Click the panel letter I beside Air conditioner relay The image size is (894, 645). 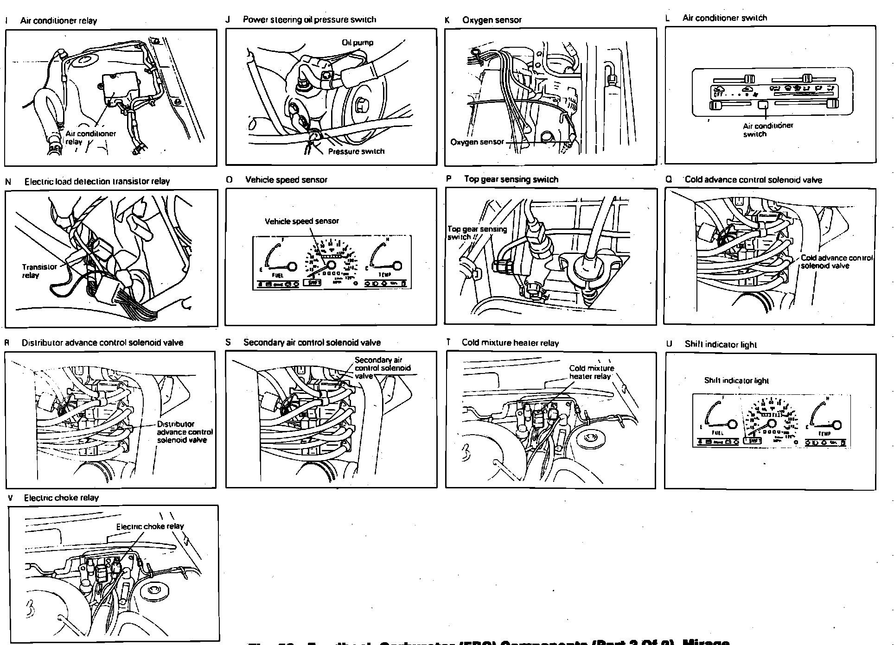tap(6, 21)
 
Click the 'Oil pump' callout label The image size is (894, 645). tap(357, 43)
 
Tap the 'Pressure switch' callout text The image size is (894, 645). tap(356, 151)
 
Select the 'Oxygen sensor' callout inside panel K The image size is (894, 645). tap(477, 142)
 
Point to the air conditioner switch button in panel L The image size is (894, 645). tap(763, 105)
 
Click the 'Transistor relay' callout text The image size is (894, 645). tap(39, 271)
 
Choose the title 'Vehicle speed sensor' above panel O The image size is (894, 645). tap(286, 180)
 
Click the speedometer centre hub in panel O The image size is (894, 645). tap(331, 264)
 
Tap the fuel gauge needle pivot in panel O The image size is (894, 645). tap(292, 266)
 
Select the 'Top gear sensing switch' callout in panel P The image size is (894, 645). tap(477, 233)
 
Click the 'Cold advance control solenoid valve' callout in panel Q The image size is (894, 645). tap(836, 262)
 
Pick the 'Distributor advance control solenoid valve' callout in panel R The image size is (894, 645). tap(184, 432)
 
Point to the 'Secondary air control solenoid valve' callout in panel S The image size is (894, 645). tap(382, 367)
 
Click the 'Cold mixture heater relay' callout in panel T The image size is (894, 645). tap(591, 372)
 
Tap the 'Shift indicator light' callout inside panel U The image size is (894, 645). tap(736, 380)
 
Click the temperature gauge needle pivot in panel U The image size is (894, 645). tap(837, 425)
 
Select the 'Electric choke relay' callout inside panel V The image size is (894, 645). tap(150, 526)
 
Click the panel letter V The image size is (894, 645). tap(10, 498)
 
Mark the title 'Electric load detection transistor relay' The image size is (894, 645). tap(97, 182)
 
